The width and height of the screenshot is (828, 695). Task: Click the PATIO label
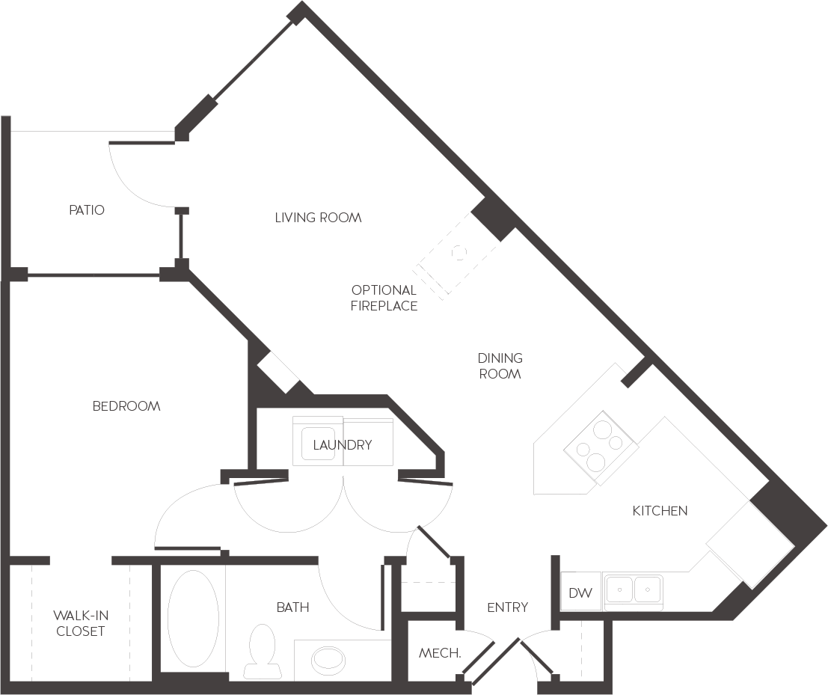tap(87, 210)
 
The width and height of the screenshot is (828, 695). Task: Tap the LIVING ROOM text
tap(318, 218)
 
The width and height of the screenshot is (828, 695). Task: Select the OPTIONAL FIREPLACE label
tap(384, 298)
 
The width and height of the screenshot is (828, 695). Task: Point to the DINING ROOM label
tap(500, 366)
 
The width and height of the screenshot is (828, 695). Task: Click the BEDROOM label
tap(126, 406)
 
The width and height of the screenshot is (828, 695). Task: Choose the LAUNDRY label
tap(343, 445)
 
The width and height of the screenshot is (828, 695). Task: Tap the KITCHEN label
tap(660, 511)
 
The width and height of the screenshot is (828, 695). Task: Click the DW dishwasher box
tap(580, 593)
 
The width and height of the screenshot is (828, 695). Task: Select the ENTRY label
tap(507, 607)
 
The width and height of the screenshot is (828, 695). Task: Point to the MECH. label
tap(440, 653)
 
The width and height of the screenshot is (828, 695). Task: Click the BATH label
tap(292, 607)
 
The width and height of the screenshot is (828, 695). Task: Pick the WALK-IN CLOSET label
tap(81, 623)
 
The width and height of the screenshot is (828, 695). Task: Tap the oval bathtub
tap(193, 618)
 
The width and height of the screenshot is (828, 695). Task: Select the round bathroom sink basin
tap(328, 659)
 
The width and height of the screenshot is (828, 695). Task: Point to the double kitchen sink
tap(634, 590)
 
